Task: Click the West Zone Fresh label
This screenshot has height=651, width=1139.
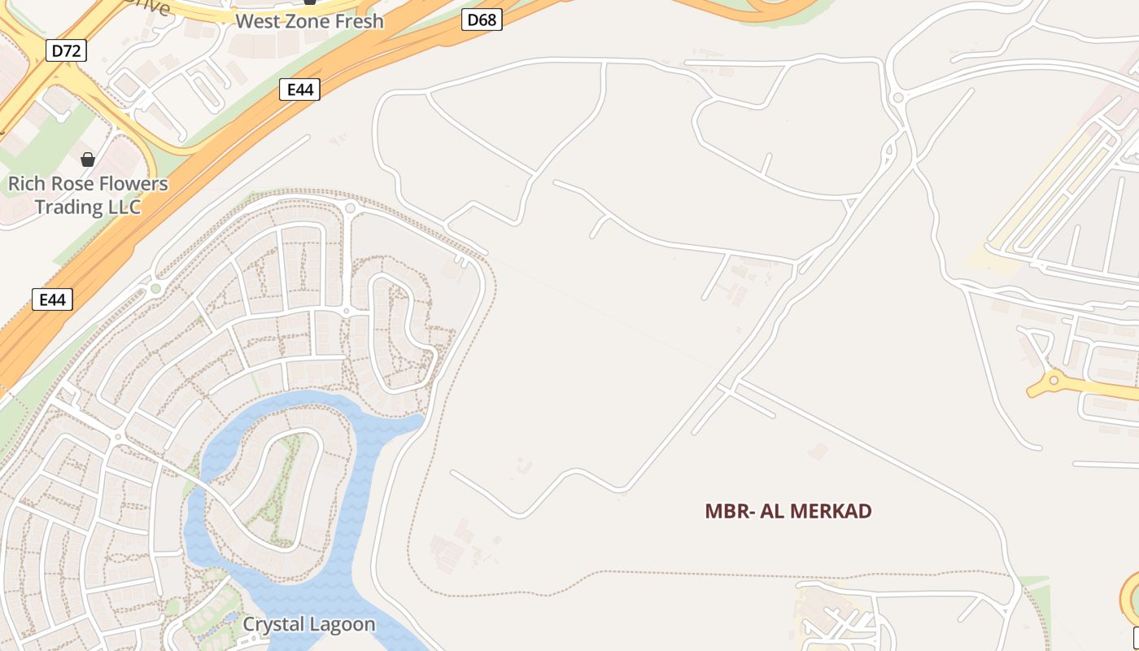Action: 309,21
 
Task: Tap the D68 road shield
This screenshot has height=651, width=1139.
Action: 482,20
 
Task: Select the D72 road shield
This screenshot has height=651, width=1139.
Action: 66,50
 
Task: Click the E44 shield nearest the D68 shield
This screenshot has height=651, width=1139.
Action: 299,90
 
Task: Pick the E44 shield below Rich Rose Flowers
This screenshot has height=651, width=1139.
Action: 52,299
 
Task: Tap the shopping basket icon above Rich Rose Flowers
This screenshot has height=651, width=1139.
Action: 87,159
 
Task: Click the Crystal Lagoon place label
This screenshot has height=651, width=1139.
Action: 309,624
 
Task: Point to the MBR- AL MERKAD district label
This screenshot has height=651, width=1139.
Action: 788,511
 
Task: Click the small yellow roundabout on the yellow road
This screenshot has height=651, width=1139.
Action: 1054,380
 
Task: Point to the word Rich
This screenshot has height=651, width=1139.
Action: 27,184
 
